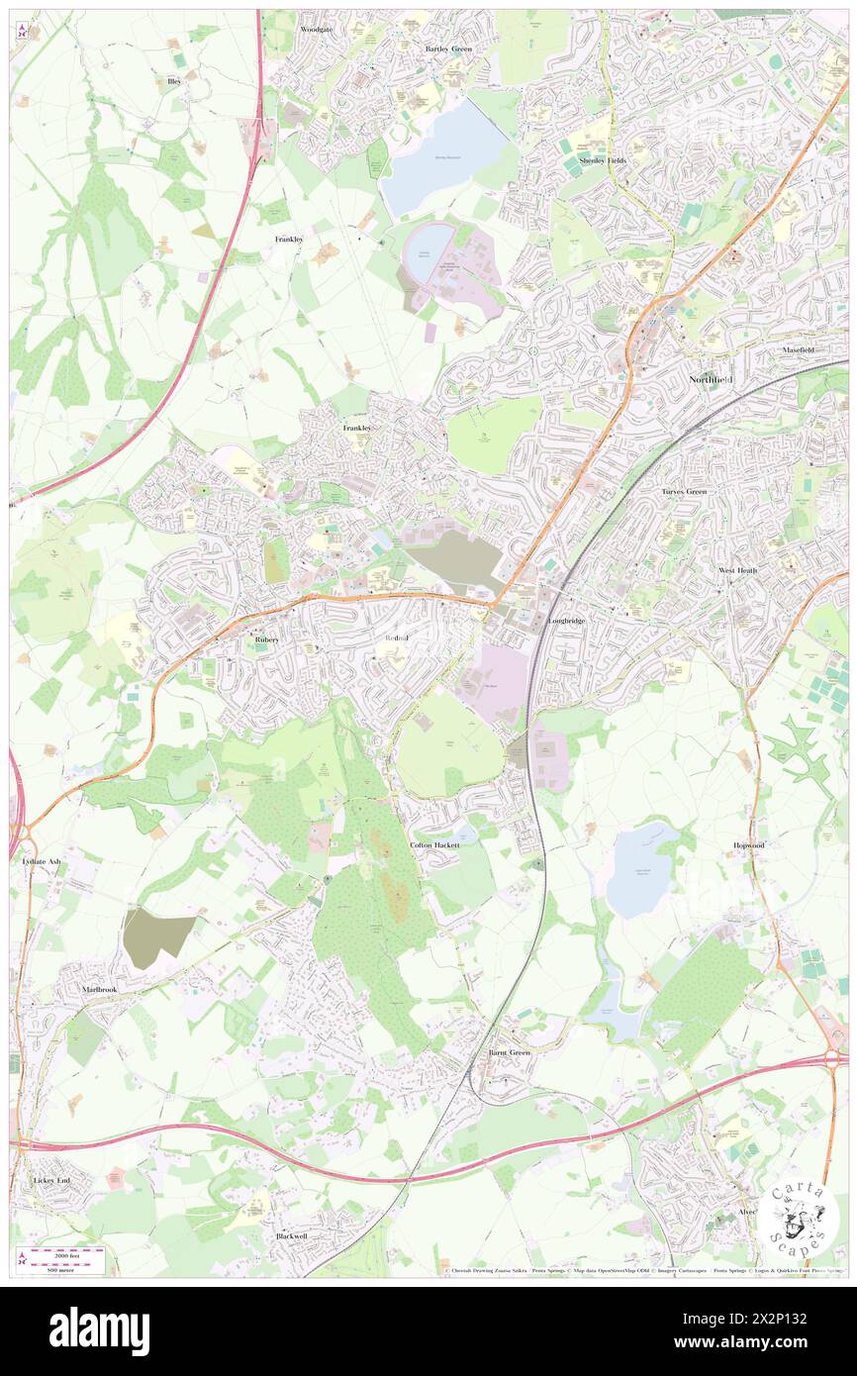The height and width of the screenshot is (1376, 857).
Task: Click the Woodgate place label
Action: tap(317, 30)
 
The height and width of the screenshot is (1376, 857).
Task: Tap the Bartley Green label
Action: tap(448, 49)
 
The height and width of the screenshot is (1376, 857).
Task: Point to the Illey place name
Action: tap(174, 81)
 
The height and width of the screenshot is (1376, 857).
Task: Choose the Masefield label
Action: tap(798, 350)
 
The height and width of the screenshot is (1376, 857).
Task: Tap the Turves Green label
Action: tap(684, 491)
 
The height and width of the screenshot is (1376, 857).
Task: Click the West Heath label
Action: tap(737, 571)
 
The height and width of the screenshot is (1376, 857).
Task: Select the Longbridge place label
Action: tap(567, 621)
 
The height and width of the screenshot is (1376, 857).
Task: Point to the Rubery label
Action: tap(267, 640)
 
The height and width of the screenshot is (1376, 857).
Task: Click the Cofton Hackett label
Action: tap(434, 845)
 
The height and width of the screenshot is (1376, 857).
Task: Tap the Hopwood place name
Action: tap(748, 845)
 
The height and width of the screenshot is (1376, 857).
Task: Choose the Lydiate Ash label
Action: tap(41, 861)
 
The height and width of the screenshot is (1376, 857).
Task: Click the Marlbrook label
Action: tap(99, 990)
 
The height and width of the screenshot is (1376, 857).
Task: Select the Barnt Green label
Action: tap(510, 1052)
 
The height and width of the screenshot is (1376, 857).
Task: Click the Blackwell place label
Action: tap(292, 1236)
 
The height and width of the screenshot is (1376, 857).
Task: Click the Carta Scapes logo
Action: tap(799, 1221)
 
